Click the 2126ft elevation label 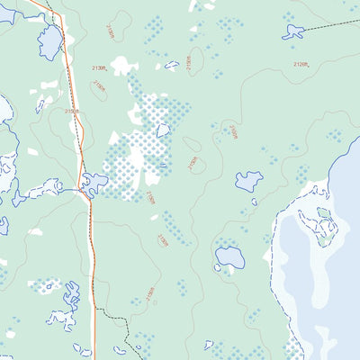301,64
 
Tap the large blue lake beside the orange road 50,40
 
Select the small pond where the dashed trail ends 292,32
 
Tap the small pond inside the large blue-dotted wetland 164,130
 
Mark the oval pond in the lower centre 230,257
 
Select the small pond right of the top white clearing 171,65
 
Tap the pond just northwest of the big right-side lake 248,181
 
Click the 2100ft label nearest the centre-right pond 232,133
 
